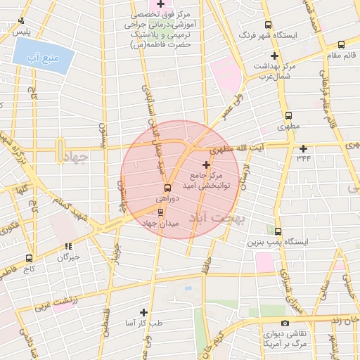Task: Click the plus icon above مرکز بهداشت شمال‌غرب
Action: pos(275,55)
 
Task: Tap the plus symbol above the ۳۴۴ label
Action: pos(303,148)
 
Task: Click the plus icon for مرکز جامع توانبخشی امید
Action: pos(206,164)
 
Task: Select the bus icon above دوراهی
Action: pos(167,188)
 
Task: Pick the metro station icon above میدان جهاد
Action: pos(160,212)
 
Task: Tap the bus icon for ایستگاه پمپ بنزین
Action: pos(278,231)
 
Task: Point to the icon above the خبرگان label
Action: pos(67,246)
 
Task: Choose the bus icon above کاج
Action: pos(29,258)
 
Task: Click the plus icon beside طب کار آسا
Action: pos(144,312)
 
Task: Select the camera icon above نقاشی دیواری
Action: pos(285,323)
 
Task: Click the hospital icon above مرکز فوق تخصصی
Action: pos(141,5)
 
